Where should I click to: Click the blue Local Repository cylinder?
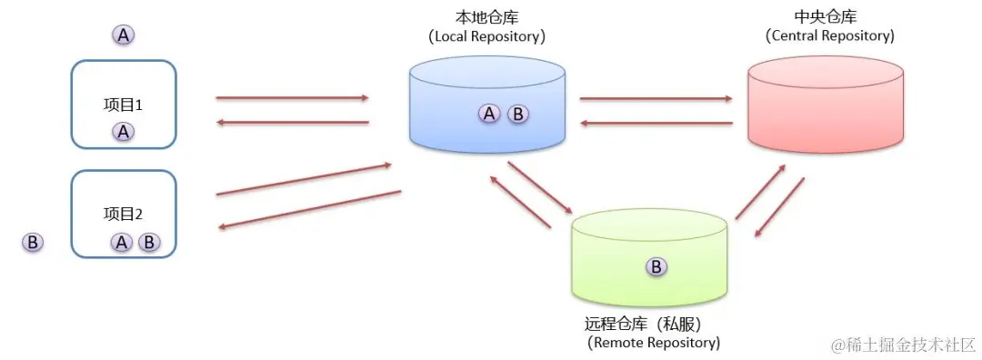487,105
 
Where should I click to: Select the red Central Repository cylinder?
825,105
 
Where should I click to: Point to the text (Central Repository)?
829,36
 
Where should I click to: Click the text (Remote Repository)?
654,343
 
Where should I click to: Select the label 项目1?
124,105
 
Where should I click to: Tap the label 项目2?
124,215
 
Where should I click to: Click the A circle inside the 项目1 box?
124,132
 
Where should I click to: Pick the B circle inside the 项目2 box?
149,243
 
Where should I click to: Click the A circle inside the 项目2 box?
122,243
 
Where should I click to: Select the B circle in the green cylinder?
656,266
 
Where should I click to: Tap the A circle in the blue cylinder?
489,114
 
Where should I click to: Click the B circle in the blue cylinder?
517,114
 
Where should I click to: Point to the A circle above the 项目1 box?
124,35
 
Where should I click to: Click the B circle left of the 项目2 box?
33,243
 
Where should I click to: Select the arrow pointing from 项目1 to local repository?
292,97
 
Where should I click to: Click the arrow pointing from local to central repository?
656,98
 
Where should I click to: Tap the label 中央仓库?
825,17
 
